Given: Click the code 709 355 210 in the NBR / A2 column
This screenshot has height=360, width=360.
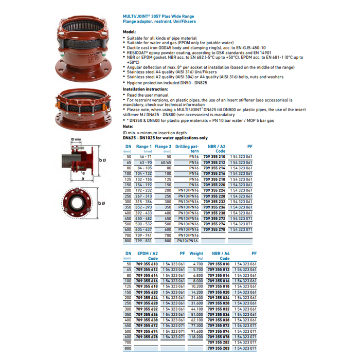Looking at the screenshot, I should [214, 156].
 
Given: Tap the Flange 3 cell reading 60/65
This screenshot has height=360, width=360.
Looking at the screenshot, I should [165, 162].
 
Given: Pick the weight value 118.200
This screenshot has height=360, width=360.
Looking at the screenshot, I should [196, 336].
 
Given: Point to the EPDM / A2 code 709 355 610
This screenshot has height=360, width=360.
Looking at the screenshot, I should [147, 264].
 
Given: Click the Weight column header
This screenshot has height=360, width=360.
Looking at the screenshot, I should [196, 254].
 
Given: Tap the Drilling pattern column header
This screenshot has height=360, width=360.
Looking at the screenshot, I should [187, 149].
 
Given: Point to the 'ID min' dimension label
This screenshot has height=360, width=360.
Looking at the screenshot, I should [76, 139].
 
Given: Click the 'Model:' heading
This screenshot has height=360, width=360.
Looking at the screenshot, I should [129, 31].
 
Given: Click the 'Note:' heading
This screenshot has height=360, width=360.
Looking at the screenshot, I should [128, 126].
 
